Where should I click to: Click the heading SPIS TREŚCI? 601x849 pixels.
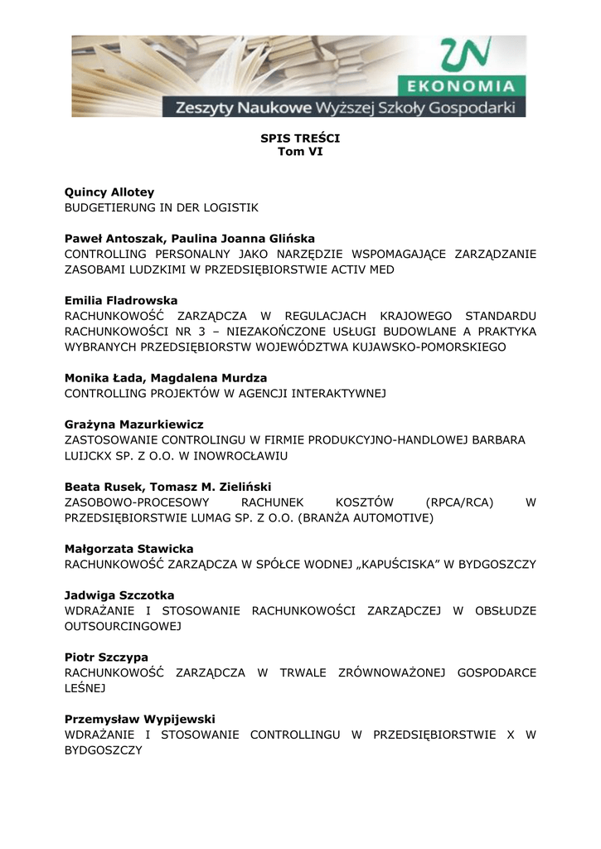[x=300, y=138]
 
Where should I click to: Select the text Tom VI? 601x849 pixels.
[x=300, y=153]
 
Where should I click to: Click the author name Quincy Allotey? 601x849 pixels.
[x=109, y=192]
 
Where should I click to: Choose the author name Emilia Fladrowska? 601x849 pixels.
[x=121, y=300]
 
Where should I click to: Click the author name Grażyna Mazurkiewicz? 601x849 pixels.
[x=134, y=424]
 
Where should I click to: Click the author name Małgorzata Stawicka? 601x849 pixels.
[x=129, y=549]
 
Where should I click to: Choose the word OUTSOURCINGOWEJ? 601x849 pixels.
[x=123, y=626]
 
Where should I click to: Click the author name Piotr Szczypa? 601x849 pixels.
[x=107, y=657]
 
